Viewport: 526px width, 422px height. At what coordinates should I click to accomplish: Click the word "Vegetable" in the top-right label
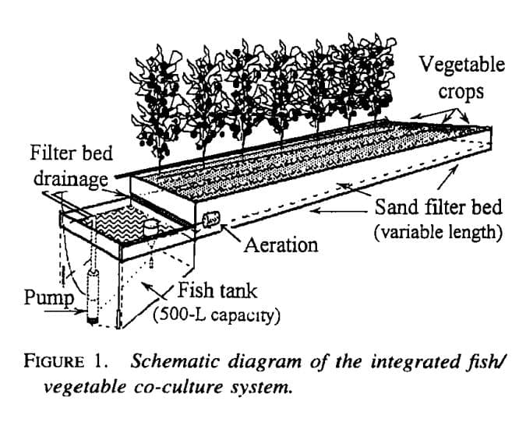[462, 64]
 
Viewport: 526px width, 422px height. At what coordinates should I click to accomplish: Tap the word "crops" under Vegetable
[462, 91]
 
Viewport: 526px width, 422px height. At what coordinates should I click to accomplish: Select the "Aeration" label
[281, 244]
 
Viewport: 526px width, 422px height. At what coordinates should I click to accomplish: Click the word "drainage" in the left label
[71, 179]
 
